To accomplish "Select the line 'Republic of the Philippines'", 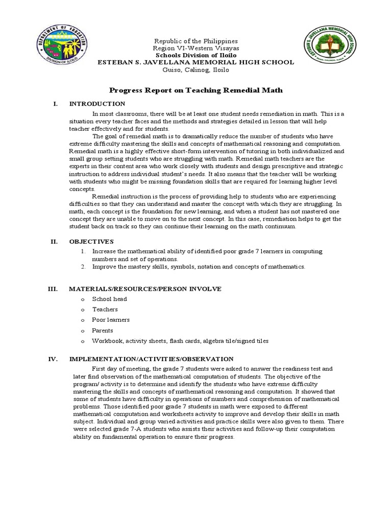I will (196, 41).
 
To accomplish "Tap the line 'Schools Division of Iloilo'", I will (196, 55).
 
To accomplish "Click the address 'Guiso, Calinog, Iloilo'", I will (196, 69).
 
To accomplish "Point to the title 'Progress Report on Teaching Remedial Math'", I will (196, 90).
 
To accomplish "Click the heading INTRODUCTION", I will (97, 104).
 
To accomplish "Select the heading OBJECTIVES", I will (91, 241).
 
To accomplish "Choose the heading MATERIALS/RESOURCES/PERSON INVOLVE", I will (145, 289).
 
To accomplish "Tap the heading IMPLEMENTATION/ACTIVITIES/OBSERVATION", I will (151, 359).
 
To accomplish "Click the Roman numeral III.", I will (53, 289).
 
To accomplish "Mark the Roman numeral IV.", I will (53, 359).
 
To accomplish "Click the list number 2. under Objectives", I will (83, 267).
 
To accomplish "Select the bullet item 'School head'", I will (109, 299).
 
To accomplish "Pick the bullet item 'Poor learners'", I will (111, 320).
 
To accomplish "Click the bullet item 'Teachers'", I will (105, 310).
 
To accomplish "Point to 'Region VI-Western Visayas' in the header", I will (196, 48).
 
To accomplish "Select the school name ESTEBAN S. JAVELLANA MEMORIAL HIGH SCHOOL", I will (196, 62).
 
